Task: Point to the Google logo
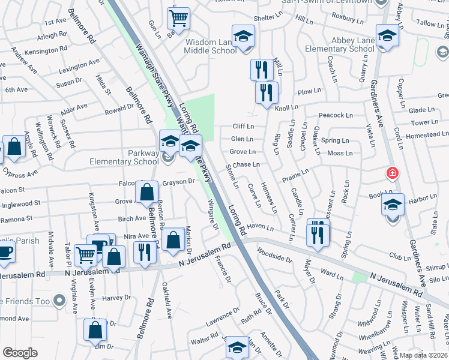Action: click(20, 353)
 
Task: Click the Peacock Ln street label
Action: click(335, 115)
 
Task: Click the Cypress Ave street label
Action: click(19, 175)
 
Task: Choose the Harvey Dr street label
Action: click(116, 298)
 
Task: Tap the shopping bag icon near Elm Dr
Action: click(95, 330)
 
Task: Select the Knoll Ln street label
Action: click(286, 108)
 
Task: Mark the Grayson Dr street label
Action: click(179, 181)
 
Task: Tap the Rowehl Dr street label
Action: click(119, 107)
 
